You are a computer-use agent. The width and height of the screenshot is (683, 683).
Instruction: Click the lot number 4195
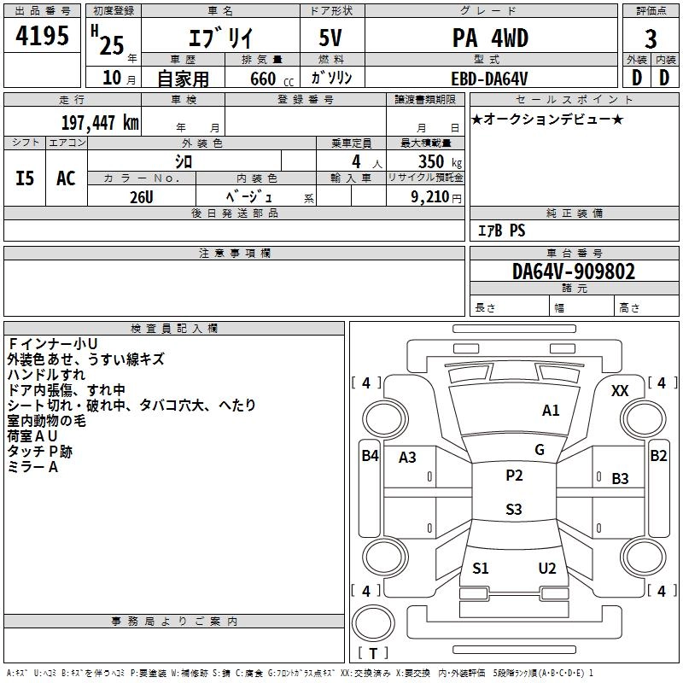[42, 36]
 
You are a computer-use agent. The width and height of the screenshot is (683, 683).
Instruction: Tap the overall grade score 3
[651, 39]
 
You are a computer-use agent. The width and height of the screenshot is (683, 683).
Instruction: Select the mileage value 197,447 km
[100, 122]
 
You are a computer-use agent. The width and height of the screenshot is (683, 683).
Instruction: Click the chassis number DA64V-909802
[574, 271]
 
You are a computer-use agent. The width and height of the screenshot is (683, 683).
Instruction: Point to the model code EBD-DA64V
[489, 79]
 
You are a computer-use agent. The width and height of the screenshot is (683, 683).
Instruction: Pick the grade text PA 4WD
[490, 38]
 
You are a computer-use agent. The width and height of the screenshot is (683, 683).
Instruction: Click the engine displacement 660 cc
[271, 79]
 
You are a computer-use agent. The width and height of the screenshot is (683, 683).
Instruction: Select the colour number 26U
[142, 197]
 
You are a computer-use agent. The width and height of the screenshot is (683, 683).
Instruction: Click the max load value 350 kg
[440, 162]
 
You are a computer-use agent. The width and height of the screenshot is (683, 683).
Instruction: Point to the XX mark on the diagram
[620, 391]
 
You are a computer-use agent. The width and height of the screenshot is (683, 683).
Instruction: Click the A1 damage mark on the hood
[551, 411]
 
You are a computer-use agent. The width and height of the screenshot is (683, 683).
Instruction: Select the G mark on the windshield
[540, 450]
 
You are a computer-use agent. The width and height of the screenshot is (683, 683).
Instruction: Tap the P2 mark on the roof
[514, 476]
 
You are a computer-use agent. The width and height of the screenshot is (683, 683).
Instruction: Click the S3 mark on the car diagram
[514, 509]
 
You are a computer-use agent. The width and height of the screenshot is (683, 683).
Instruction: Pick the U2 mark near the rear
[547, 569]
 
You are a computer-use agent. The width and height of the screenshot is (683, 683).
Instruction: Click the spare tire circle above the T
[373, 623]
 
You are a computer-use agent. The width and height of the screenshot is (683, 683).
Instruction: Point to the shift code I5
[25, 178]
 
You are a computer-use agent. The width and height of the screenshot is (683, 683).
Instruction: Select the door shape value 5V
[330, 38]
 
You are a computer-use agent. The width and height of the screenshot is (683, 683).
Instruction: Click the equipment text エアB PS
[501, 231]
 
